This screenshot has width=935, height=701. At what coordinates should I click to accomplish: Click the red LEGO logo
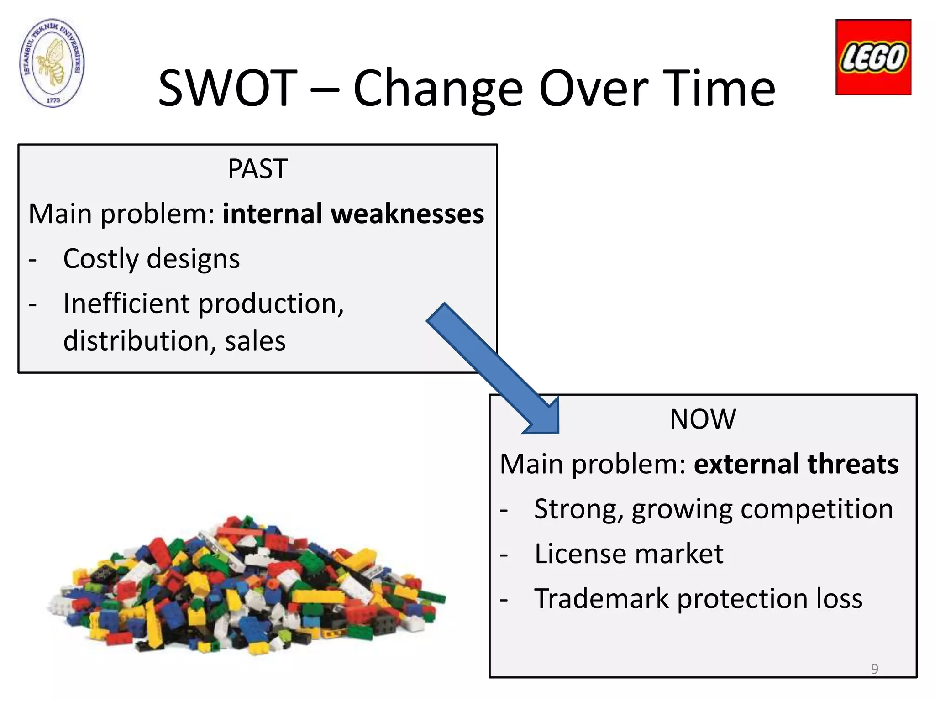pos(873,58)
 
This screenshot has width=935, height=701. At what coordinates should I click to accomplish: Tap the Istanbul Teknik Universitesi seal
pos(53,63)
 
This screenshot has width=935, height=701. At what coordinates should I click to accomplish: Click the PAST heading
pos(257,169)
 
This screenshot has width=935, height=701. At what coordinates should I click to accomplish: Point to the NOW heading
pos(703,419)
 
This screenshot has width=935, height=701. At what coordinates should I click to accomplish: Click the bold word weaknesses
pos(407,214)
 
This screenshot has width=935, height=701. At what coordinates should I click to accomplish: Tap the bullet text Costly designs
pos(151,259)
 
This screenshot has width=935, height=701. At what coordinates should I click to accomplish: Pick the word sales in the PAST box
pos(255,341)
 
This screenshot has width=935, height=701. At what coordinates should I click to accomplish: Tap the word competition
pos(816,509)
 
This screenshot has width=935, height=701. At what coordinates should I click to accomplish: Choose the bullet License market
pos(629,554)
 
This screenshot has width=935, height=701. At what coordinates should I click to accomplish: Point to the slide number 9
pos(874,669)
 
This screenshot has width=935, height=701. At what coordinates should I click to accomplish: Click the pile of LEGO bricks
pos(247,589)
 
